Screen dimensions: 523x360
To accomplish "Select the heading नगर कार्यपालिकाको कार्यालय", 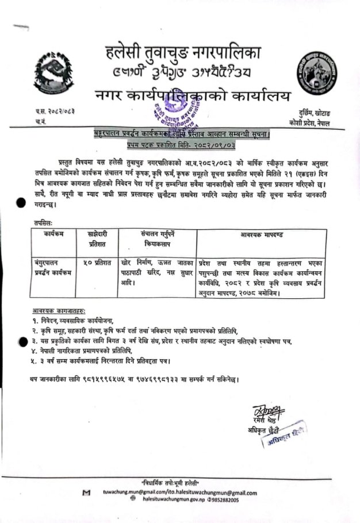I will (193, 95).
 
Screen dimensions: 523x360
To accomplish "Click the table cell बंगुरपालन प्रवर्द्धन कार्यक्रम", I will (52, 267).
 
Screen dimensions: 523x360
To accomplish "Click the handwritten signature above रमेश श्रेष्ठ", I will (261, 412).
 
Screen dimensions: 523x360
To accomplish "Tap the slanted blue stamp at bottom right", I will (282, 440).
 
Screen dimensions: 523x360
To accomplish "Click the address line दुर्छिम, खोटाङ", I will (310, 116).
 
